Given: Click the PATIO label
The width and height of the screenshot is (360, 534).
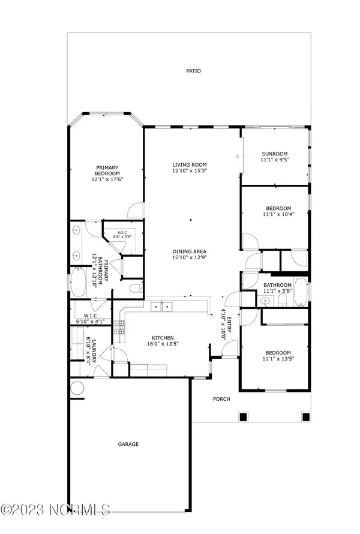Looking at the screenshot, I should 193,71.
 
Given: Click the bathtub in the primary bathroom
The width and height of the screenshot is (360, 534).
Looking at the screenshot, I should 79,283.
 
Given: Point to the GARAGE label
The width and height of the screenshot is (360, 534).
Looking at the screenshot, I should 128,444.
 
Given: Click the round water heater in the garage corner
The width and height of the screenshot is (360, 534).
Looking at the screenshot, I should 77,388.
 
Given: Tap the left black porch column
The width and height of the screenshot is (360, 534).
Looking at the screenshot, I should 243,416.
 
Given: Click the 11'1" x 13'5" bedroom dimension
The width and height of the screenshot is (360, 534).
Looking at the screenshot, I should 277,359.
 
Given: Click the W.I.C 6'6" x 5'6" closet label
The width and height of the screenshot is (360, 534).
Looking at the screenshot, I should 122,235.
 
